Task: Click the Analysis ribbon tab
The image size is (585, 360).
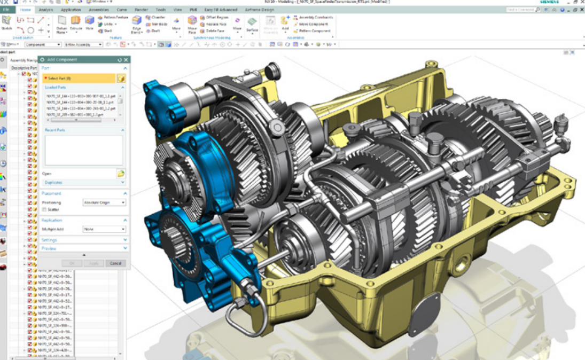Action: coord(46,10)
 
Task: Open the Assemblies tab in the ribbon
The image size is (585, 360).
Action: coord(99,10)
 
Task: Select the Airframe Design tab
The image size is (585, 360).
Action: coord(260,10)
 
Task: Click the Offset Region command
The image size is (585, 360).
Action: coord(213,18)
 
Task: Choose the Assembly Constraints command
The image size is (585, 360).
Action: coord(315,18)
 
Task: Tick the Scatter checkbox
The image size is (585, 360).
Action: coord(44,209)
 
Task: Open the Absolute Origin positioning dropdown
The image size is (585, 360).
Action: coord(104,202)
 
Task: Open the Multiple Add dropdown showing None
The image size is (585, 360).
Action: coord(104,229)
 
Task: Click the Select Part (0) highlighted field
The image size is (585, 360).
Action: coord(79,79)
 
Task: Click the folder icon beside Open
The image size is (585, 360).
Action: coord(121,174)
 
